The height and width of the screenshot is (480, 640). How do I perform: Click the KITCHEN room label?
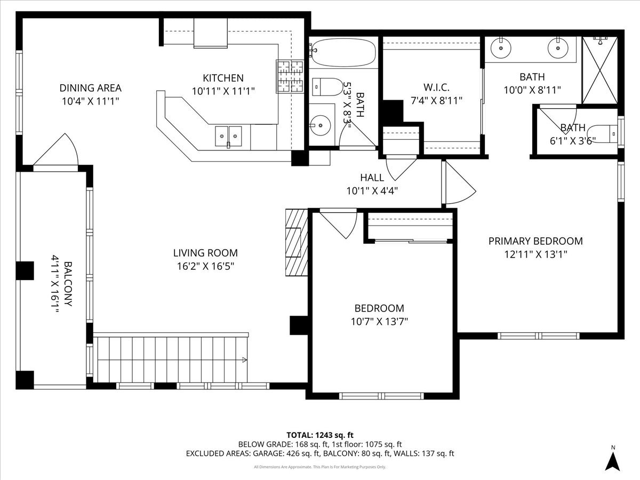223,78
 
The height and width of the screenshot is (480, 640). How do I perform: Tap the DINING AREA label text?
90,88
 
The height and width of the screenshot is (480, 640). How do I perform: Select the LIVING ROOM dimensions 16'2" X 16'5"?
205,266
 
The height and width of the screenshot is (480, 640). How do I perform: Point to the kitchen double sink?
228,136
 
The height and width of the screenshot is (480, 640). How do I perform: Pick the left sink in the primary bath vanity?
501,48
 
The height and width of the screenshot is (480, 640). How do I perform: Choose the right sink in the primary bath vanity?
558,48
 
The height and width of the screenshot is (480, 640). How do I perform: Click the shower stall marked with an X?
599,70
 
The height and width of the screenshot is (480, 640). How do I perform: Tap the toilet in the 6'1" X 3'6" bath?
606,131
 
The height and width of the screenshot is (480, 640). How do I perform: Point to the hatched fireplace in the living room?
297,242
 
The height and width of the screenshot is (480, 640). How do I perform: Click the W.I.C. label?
436,86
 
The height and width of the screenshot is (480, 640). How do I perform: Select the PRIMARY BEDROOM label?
535,241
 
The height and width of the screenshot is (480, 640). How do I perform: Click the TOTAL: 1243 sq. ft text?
320,435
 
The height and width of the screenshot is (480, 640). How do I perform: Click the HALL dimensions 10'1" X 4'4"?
372,190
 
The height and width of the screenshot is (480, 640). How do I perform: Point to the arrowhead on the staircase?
244,360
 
